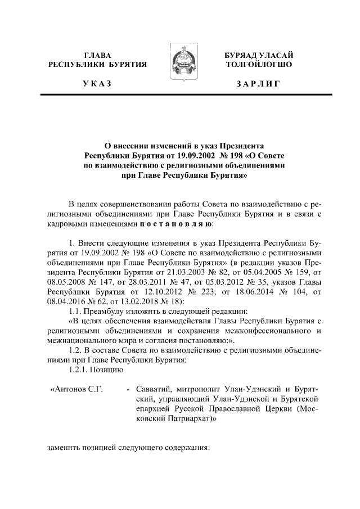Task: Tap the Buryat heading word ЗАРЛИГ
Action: point(258,84)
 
